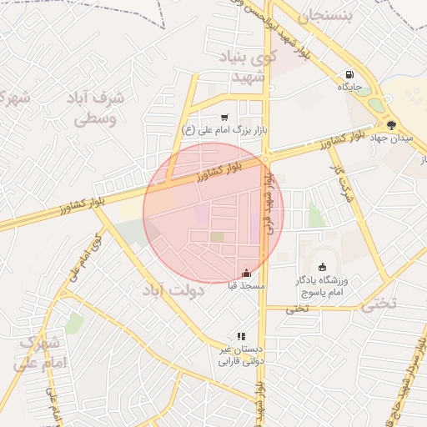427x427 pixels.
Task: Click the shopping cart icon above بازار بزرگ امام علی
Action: point(224,118)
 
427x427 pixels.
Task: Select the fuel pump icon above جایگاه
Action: point(348,73)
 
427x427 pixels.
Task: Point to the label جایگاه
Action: point(348,85)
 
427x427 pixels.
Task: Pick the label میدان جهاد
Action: point(388,137)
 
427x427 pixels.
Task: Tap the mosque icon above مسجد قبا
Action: point(245,273)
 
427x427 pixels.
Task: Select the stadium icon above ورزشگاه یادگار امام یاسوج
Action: point(322,267)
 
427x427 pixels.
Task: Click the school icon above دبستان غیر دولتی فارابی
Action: point(241,336)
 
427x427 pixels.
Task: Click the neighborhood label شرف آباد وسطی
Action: point(98,108)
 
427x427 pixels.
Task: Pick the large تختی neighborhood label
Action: point(382,304)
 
